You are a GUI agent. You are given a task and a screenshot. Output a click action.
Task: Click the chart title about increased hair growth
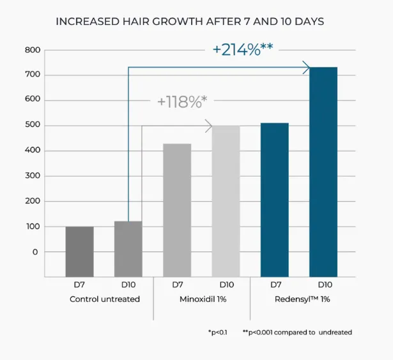click(190, 22)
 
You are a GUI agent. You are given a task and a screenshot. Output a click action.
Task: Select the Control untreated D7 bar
click(80, 251)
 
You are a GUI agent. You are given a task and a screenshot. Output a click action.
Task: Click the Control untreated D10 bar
click(128, 249)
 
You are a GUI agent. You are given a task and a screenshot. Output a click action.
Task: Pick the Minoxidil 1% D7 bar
click(177, 210)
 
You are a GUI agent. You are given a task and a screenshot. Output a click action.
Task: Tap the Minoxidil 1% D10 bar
click(226, 201)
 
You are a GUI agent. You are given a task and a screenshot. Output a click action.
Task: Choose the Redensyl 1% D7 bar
click(275, 200)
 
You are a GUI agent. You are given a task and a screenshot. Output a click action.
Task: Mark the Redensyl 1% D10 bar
click(323, 172)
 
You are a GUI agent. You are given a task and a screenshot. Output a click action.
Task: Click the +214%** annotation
click(243, 49)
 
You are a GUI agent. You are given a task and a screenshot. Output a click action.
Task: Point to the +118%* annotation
click(182, 102)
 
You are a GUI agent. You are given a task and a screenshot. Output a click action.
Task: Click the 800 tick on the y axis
click(33, 50)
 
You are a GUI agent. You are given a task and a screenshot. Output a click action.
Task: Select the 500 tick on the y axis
click(33, 124)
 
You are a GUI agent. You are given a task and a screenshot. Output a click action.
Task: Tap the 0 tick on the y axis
click(35, 252)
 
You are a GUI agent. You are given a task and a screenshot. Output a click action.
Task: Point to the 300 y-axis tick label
click(33, 176)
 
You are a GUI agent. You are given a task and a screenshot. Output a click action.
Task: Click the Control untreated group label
click(105, 299)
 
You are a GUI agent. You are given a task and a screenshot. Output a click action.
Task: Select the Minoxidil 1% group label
click(203, 299)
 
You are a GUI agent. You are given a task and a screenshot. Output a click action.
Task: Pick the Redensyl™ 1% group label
click(302, 299)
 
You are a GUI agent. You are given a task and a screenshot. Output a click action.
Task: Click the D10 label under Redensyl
click(325, 285)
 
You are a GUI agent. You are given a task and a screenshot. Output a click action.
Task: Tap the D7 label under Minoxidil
click(178, 285)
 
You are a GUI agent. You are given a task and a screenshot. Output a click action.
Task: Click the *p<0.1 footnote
click(217, 333)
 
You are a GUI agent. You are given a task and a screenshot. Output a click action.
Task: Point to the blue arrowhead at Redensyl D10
click(306, 68)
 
